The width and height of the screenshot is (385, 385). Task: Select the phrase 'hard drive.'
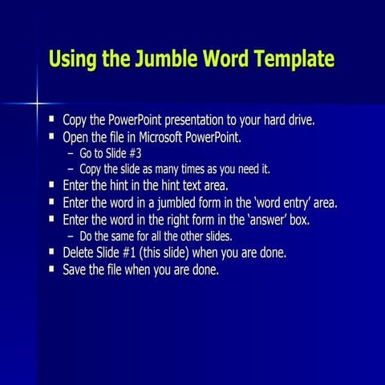click(x=289, y=121)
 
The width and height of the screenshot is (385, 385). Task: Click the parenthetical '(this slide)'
click(x=170, y=253)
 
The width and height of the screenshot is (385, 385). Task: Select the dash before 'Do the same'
click(x=71, y=236)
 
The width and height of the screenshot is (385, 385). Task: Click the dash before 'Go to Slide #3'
click(x=71, y=153)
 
